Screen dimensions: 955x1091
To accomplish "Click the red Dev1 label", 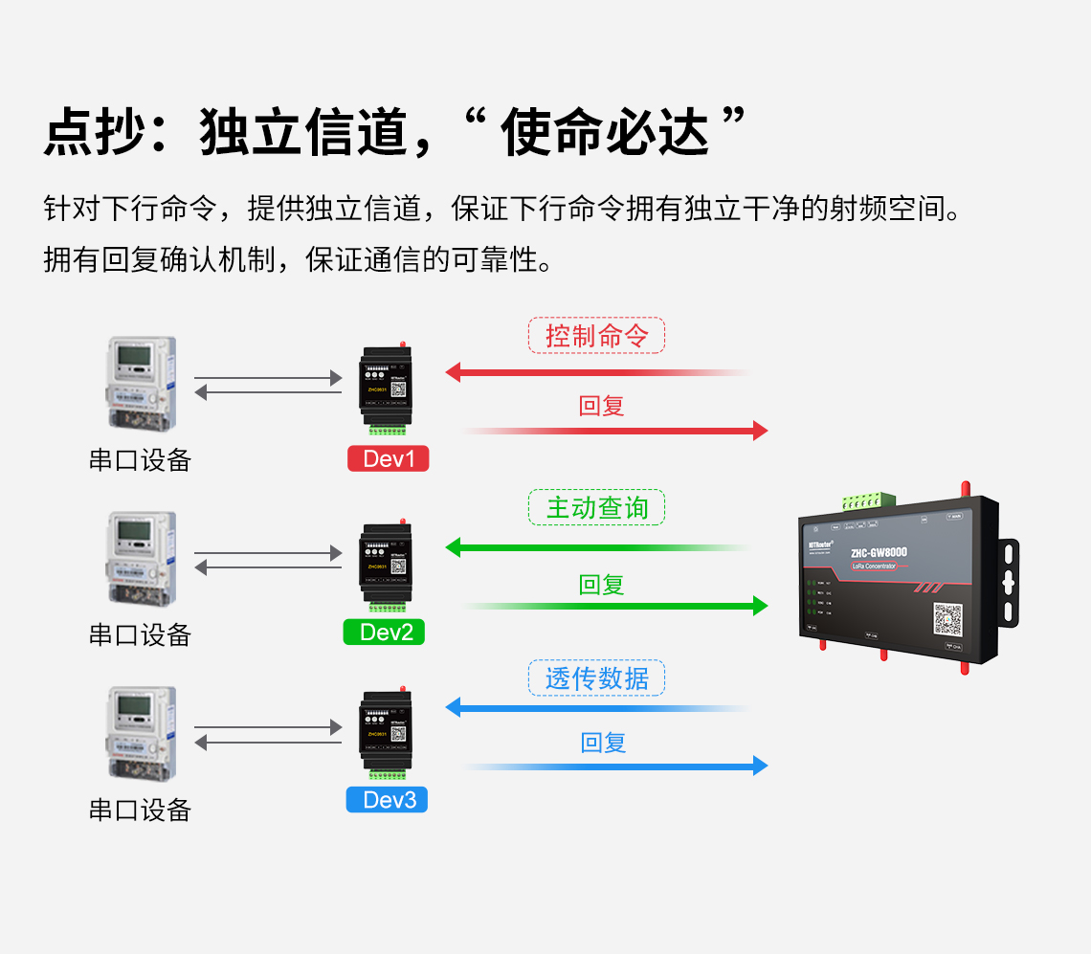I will pyautogui.click(x=388, y=459).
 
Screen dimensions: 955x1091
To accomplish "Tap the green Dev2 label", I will pyautogui.click(x=384, y=632).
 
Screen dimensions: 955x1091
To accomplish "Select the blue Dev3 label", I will pyautogui.click(x=387, y=800).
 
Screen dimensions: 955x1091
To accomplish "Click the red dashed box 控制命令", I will pyautogui.click(x=596, y=336).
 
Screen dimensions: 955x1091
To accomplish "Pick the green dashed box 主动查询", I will pyautogui.click(x=596, y=507).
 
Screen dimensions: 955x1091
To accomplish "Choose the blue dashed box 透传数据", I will pyautogui.click(x=596, y=678).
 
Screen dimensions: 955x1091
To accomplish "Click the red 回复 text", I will pyautogui.click(x=602, y=406).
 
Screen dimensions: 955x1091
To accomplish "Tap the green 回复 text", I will pyautogui.click(x=602, y=585).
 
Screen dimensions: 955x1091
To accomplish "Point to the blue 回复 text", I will pyautogui.click(x=603, y=743).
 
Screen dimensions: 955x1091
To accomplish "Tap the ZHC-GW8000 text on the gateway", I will pyautogui.click(x=879, y=552).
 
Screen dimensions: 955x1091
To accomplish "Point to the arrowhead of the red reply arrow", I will pyautogui.click(x=760, y=431).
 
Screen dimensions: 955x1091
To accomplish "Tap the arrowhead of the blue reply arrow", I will pyautogui.click(x=760, y=766).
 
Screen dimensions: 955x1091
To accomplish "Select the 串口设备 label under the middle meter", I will pyautogui.click(x=140, y=634).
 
